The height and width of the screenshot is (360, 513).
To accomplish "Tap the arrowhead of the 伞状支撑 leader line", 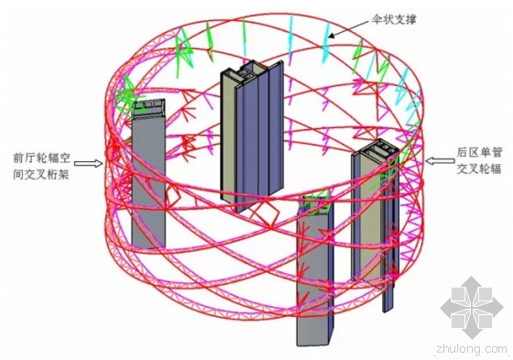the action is coord(331,37).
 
